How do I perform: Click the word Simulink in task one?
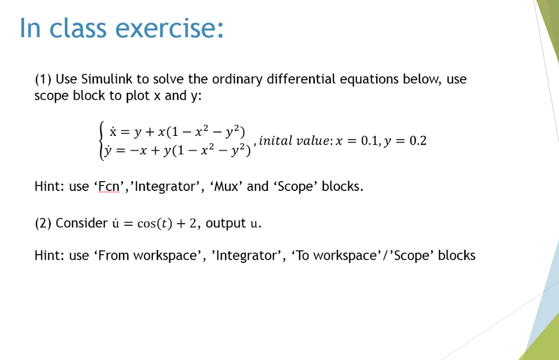[105, 80]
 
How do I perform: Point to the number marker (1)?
[43, 80]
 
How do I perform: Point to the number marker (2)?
[43, 223]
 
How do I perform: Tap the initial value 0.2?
[418, 141]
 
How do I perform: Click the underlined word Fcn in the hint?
[108, 187]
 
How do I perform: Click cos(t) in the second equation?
[165, 224]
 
